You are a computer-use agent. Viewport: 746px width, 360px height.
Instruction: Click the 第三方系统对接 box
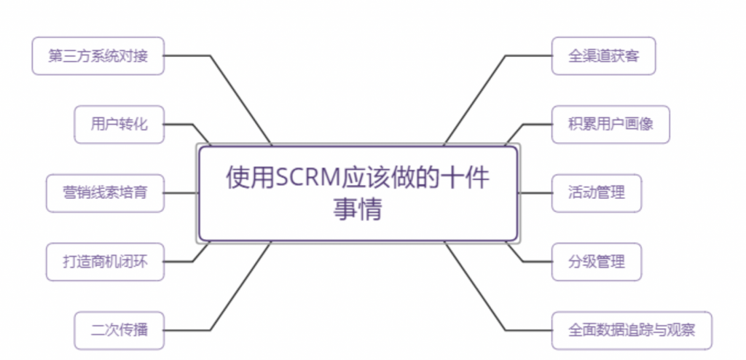[98, 56]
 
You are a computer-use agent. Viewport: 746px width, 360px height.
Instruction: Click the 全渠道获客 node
[603, 55]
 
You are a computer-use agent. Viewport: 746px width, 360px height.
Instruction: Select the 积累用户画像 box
[610, 124]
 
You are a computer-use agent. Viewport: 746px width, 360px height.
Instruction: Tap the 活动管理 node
[596, 193]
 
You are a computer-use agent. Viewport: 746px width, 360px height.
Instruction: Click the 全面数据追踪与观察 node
[631, 329]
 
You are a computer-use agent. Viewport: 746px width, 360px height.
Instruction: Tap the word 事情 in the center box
[358, 210]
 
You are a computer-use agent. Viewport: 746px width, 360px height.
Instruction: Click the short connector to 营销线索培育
[181, 193]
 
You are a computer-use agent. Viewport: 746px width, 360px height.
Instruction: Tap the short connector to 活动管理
[535, 193]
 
